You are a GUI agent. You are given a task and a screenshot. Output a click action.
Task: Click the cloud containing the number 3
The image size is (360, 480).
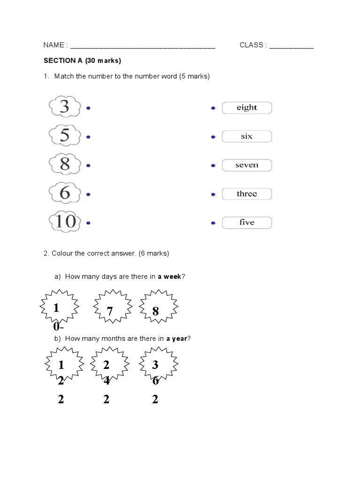tap(64, 107)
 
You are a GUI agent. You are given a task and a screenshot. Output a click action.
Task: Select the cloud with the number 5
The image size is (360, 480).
tap(64, 136)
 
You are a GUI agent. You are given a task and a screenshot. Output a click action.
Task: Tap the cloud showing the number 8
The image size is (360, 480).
tap(64, 165)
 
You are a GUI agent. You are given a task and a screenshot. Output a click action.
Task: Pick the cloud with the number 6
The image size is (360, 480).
tap(64, 193)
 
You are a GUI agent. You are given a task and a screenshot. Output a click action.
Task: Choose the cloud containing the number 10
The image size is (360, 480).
tap(65, 221)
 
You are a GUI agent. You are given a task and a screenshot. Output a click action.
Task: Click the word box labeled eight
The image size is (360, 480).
tap(247, 108)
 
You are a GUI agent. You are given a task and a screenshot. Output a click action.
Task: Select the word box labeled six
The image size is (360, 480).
tap(247, 136)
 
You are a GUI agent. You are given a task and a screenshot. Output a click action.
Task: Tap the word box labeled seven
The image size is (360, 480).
tap(247, 165)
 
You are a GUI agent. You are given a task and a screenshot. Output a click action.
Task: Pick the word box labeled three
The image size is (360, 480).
tap(247, 194)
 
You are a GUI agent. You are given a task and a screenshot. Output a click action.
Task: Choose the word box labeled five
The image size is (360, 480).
tap(247, 222)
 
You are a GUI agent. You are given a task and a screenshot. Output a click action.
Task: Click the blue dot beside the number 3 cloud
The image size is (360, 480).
tap(88, 108)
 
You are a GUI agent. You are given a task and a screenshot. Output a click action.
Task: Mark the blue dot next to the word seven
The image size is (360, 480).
tap(213, 166)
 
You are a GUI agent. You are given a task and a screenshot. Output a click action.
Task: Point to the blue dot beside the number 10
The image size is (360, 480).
tap(88, 223)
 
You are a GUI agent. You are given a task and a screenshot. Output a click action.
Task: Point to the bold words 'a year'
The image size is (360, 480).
tap(176, 338)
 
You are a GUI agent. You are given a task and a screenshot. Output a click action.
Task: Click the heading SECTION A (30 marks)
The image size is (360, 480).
tap(82, 61)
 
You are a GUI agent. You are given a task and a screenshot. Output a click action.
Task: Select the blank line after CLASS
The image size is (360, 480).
tap(291, 46)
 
